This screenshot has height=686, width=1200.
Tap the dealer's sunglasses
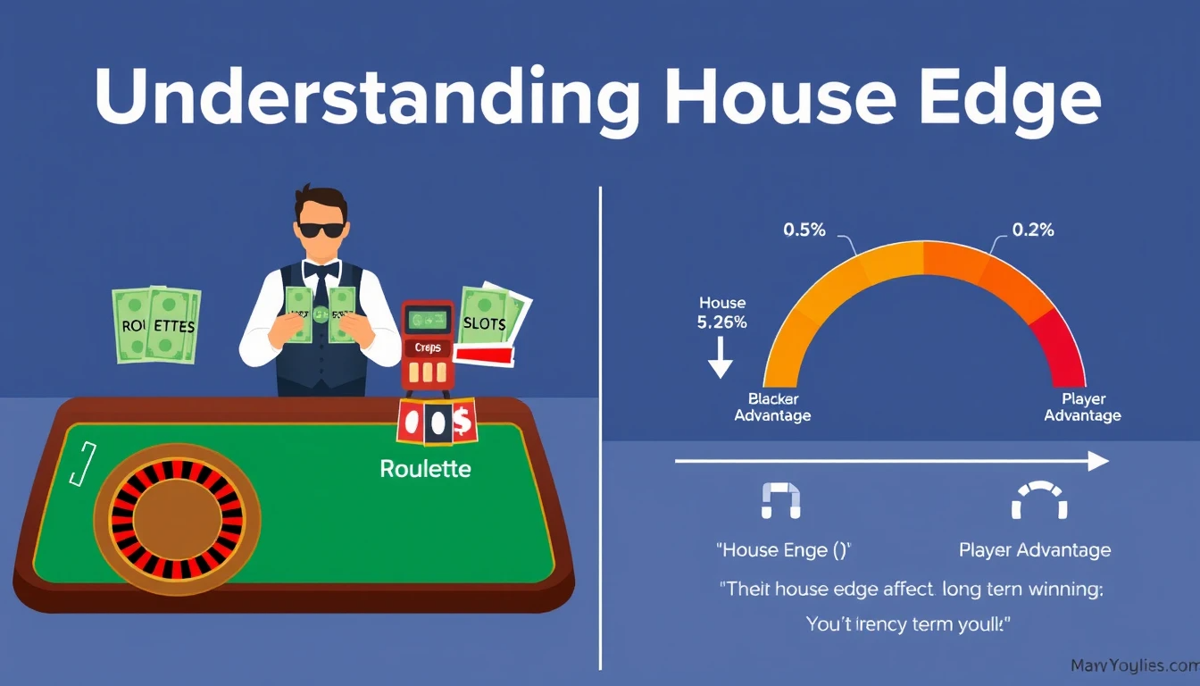click(x=321, y=229)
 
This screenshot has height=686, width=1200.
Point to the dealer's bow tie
click(x=321, y=268)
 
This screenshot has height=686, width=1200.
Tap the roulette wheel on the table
click(x=177, y=517)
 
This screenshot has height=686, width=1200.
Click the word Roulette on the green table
click(x=425, y=468)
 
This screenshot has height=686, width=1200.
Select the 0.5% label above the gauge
click(x=804, y=230)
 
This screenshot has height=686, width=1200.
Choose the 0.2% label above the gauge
click(x=1033, y=230)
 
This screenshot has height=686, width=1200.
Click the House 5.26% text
click(x=721, y=314)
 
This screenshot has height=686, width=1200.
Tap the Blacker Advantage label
click(x=772, y=407)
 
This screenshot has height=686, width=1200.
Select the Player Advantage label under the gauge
click(x=1082, y=407)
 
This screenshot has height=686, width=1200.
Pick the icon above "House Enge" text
click(x=781, y=501)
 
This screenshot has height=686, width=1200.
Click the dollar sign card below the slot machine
click(x=462, y=422)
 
